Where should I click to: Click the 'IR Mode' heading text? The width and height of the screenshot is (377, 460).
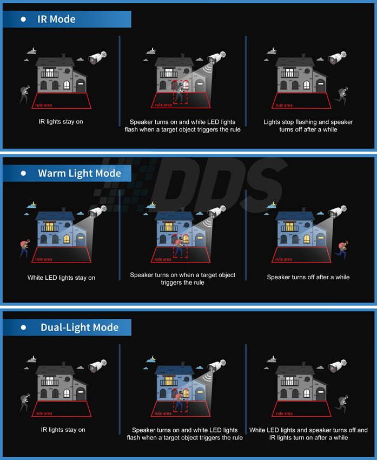tap(56, 19)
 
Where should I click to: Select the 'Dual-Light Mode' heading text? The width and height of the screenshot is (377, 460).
tap(80, 327)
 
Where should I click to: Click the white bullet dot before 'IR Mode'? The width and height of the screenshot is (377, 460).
tap(23, 19)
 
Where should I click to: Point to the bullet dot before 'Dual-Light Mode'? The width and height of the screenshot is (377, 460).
tap(23, 327)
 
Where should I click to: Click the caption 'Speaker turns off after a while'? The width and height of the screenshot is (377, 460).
tap(308, 277)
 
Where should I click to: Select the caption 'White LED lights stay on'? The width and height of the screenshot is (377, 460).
tap(61, 278)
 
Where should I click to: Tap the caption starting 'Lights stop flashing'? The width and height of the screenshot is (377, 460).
tap(308, 126)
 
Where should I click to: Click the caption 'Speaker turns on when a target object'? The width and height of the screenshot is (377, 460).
tap(182, 275)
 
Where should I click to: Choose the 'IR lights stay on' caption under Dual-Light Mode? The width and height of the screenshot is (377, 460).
tap(63, 430)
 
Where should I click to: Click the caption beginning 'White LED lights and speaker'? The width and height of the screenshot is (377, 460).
tap(308, 433)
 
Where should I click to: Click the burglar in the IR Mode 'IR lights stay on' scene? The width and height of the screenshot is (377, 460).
tap(25, 94)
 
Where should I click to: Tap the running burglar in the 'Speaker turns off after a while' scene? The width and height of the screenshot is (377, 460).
tap(341, 249)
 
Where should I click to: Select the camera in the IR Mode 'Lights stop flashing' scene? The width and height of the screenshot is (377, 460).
tap(338, 57)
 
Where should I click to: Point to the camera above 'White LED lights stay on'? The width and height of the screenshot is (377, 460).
tap(97, 211)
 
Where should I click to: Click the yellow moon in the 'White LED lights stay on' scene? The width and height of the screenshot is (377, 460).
tap(35, 203)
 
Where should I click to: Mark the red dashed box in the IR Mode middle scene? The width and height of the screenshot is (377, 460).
tap(180, 91)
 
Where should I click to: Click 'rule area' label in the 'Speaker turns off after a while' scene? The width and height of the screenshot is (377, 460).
tap(283, 259)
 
